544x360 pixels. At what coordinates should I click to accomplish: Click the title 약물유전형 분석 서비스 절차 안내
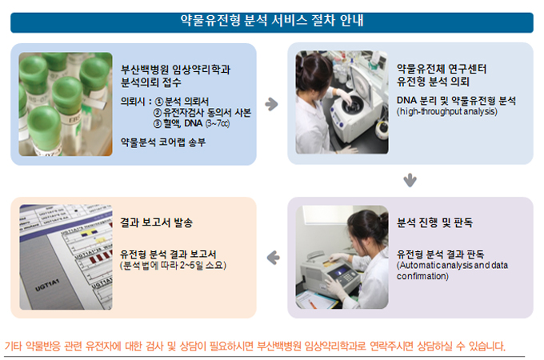(x=272, y=20)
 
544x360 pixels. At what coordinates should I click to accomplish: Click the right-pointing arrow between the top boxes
(x=272, y=104)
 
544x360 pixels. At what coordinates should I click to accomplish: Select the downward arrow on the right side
(x=410, y=180)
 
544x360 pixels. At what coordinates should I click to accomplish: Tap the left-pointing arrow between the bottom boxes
(x=273, y=258)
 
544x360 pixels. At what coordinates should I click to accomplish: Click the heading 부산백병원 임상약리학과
(x=175, y=70)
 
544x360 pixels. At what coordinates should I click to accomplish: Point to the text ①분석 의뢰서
(x=182, y=102)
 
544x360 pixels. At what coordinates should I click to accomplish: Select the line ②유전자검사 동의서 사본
(x=202, y=112)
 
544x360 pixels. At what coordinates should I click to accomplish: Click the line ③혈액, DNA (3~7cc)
(x=191, y=123)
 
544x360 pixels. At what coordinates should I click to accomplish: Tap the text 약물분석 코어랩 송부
(x=163, y=142)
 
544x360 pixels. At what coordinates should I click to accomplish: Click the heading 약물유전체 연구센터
(x=442, y=69)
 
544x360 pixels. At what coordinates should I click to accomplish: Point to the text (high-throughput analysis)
(x=447, y=112)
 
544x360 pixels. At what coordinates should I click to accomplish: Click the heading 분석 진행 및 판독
(x=434, y=222)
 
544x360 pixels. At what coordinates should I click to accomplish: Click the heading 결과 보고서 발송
(x=156, y=222)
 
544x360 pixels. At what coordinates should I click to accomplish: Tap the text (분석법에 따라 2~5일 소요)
(x=173, y=266)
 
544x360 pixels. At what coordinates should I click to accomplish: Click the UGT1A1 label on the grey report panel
(x=47, y=285)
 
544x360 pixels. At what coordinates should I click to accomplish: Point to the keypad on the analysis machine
(x=348, y=277)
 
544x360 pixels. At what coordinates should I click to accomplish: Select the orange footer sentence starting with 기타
(x=255, y=346)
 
